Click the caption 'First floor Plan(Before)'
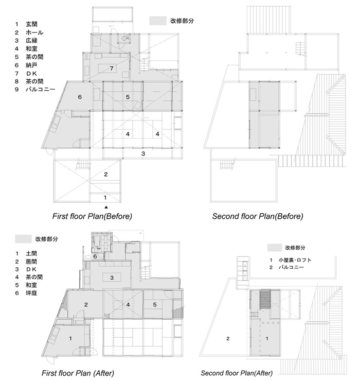[x=93, y=216]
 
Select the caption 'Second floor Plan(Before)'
[x=258, y=216]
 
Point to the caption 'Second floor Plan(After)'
[x=237, y=373]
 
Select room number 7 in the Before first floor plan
[x=111, y=68]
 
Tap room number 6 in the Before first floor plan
[x=80, y=97]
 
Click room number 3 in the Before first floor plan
[x=143, y=153]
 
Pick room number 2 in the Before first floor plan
[x=106, y=175]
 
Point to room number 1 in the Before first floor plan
[x=106, y=197]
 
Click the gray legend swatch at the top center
[x=156, y=21]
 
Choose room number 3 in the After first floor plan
[x=112, y=278]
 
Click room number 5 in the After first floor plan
[x=154, y=304]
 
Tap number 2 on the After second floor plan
[x=227, y=338]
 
